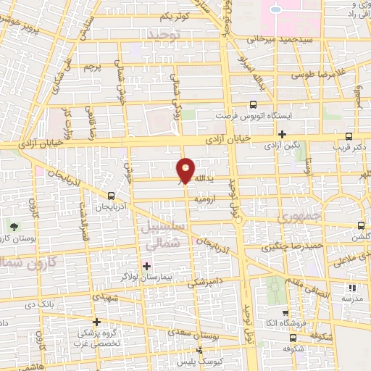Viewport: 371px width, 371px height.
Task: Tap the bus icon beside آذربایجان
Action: click(x=111, y=196)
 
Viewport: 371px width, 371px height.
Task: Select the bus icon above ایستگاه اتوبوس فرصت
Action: click(x=253, y=104)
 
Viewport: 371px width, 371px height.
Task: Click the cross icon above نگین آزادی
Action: click(x=283, y=135)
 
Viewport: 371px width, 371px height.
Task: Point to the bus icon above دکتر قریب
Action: click(x=349, y=136)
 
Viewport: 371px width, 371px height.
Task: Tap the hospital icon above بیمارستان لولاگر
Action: click(x=147, y=266)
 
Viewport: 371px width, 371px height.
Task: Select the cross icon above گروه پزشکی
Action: click(x=96, y=322)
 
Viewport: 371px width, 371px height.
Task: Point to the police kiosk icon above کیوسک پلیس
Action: click(x=200, y=351)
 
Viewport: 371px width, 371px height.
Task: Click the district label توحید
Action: click(x=161, y=34)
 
